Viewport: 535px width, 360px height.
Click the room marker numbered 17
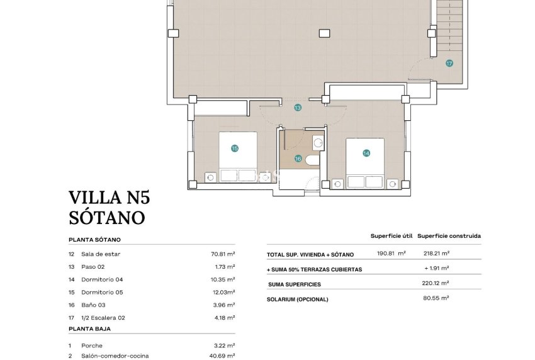pyautogui.click(x=449, y=63)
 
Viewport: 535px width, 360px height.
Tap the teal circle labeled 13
pyautogui.click(x=298, y=108)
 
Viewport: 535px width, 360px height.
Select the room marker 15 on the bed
pyautogui.click(x=235, y=149)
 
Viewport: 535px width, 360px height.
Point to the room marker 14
pyautogui.click(x=366, y=153)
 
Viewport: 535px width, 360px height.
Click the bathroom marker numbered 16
pyautogui.click(x=298, y=159)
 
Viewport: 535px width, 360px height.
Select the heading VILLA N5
pyautogui.click(x=110, y=198)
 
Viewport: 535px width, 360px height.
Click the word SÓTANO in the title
pyautogui.click(x=107, y=218)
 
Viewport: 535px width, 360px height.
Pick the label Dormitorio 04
pyautogui.click(x=101, y=279)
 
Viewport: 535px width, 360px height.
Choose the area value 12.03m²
pyautogui.click(x=223, y=292)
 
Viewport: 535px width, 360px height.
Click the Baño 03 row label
pyautogui.click(x=94, y=305)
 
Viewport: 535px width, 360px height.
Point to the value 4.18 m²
pyautogui.click(x=223, y=318)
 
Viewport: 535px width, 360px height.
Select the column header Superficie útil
pyautogui.click(x=391, y=236)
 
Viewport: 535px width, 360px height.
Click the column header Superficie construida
pyautogui.click(x=449, y=236)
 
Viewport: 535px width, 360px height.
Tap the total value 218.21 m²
pyautogui.click(x=436, y=254)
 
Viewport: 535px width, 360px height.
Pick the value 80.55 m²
pyautogui.click(x=436, y=298)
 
